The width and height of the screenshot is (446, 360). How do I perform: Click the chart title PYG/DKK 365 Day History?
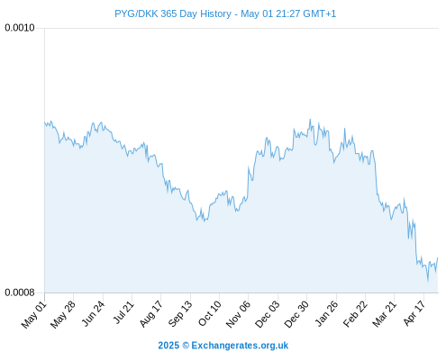tap(173, 13)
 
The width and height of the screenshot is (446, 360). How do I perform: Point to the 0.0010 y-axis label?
tap(20, 28)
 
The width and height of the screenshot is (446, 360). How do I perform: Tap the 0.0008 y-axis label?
tap(20, 292)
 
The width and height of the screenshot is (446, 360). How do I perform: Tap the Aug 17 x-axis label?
tap(150, 314)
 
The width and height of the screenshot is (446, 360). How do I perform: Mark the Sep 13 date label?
tap(180, 314)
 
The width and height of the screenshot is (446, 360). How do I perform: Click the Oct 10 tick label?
tap(210, 313)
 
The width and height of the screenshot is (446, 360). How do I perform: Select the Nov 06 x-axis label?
tap(238, 314)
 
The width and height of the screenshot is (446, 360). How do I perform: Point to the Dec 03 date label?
tap(268, 314)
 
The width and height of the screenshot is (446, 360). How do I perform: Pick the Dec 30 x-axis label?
tap(296, 314)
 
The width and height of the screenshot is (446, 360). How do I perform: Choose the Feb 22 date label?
tap(355, 314)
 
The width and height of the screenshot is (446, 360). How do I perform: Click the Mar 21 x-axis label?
tap(384, 314)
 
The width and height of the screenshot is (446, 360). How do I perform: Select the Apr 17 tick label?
tap(414, 313)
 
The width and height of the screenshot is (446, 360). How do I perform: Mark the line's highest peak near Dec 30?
tap(310, 120)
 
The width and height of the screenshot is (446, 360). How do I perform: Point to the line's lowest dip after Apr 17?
tap(428, 282)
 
